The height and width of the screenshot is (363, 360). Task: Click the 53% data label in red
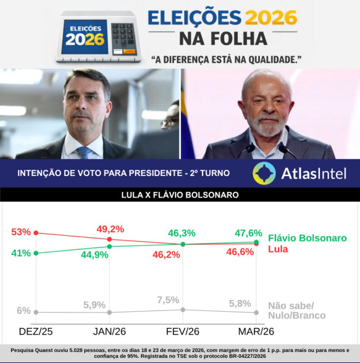coord(21,232)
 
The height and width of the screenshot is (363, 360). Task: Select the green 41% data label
coord(21,253)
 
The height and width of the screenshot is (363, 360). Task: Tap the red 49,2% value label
coord(110,229)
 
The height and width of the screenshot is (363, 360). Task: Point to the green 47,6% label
coord(248,233)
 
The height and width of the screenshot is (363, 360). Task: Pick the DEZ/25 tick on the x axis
coord(36,332)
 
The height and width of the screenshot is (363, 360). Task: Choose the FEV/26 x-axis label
coord(183,332)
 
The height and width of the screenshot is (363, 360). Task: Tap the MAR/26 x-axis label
coord(256,332)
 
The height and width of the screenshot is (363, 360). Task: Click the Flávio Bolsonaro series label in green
coord(307,238)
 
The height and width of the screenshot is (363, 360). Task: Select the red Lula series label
coord(278,249)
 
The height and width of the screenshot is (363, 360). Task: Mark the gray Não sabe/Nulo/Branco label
coord(297,310)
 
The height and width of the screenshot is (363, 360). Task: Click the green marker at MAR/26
coord(256,242)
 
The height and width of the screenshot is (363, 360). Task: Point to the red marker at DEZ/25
coord(36,233)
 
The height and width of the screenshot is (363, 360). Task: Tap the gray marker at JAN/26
coord(109,312)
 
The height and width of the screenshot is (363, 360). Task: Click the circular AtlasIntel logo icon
coord(264,173)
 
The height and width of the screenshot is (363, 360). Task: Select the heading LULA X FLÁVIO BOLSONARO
coord(180,195)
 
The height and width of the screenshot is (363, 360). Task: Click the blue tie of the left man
coord(84,152)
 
